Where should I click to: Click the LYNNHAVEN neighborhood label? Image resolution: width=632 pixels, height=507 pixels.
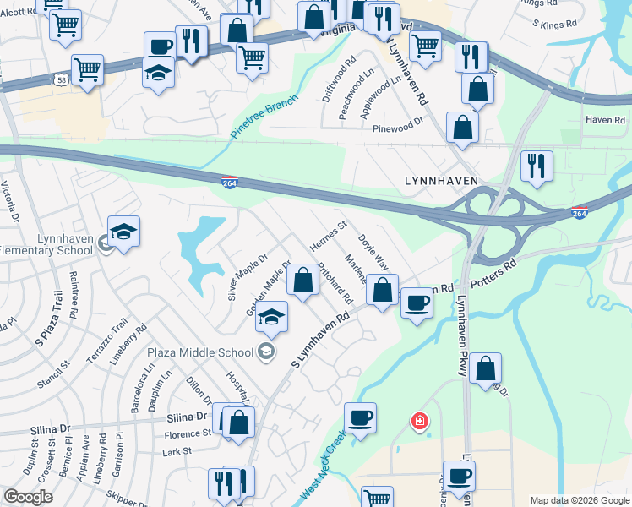tap(441, 181)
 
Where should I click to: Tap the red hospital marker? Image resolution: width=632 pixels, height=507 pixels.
tap(418, 421)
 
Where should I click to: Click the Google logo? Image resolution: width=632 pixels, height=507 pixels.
tap(29, 497)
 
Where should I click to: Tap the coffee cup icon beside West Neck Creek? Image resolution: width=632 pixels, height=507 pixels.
tap(360, 418)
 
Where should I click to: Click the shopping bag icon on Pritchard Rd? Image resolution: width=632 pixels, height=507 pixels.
tap(302, 280)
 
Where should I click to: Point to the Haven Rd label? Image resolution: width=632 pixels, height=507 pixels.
tap(604, 120)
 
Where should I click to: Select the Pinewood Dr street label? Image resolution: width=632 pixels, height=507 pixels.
tap(397, 129)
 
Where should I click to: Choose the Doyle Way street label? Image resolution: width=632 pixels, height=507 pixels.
tap(373, 251)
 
